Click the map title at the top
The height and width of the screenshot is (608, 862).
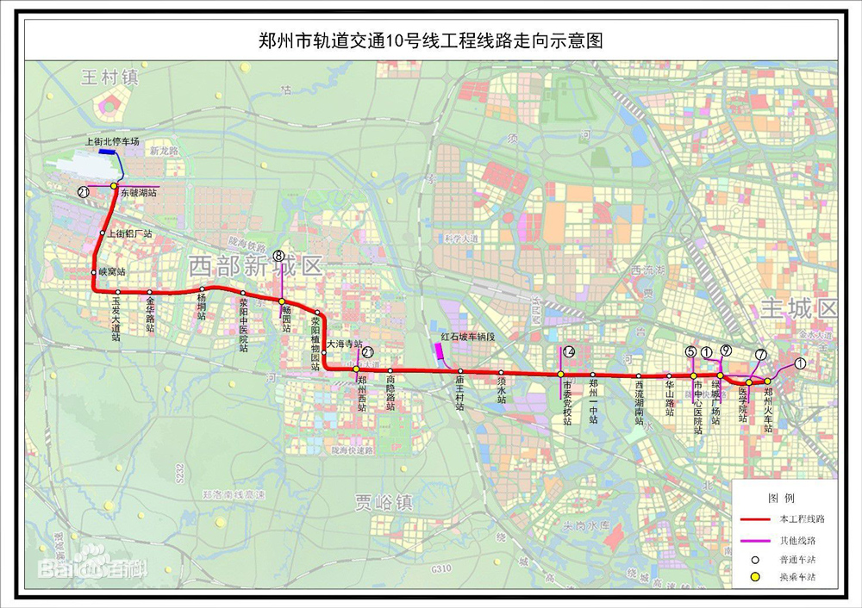point(430,40)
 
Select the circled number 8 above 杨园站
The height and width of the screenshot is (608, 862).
point(278,255)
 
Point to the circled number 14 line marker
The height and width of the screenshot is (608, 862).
point(568,352)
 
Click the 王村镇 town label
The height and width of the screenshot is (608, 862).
point(109,78)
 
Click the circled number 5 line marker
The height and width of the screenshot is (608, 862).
point(690,351)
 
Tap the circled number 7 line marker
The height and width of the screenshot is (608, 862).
point(760,355)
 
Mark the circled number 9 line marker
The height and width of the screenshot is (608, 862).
point(726,350)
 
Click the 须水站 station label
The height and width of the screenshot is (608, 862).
point(502,394)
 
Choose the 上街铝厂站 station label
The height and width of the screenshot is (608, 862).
point(130,233)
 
